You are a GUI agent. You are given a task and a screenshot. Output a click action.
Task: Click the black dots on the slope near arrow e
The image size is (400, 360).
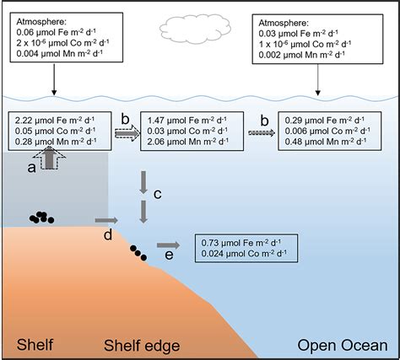(138, 253)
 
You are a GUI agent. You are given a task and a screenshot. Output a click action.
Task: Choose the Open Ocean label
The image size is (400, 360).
(343, 346)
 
